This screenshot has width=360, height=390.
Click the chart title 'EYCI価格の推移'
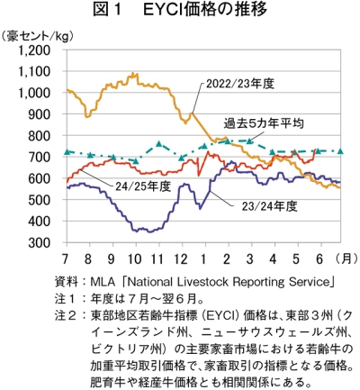click(205, 10)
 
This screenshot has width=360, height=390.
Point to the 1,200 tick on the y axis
click(34, 50)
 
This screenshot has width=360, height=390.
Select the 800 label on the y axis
click(39, 136)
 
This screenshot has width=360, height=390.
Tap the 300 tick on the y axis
click(39, 242)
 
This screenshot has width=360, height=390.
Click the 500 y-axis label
click(39, 200)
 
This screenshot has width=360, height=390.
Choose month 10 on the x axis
click(134, 258)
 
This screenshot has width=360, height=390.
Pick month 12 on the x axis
click(180, 258)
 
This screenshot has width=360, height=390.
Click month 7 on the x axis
click(66, 258)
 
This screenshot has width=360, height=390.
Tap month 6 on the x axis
click(319, 258)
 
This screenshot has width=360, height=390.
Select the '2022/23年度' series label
click(240, 84)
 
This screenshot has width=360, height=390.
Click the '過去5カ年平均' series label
click(264, 123)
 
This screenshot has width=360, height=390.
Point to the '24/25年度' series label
click(143, 186)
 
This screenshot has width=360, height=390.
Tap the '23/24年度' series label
click(269, 206)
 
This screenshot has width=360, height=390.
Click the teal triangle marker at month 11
click(159, 144)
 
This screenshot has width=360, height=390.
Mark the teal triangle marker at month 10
click(136, 161)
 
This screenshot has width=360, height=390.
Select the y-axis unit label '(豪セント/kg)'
click(37, 36)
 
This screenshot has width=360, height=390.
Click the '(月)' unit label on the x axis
click(346, 258)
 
